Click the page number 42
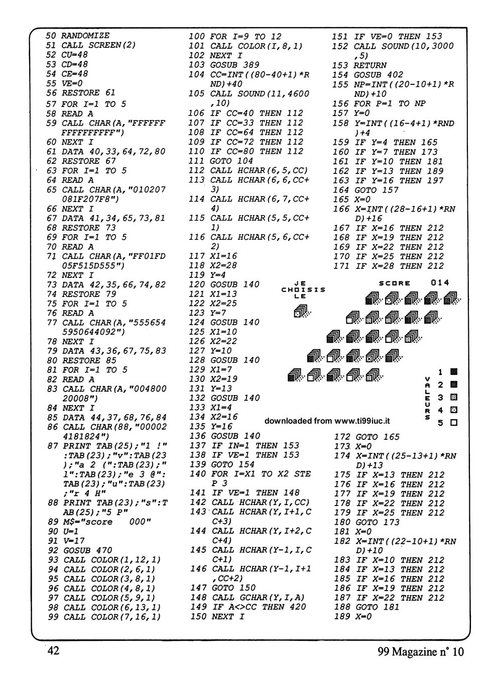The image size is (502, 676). [x=53, y=651]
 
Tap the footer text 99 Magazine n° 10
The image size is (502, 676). [x=420, y=651]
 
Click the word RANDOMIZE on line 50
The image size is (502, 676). [x=85, y=36]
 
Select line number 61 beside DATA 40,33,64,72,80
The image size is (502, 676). [x=50, y=151]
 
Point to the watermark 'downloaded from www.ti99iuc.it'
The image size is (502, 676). [x=328, y=421]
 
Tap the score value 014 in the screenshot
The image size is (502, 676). [x=440, y=283]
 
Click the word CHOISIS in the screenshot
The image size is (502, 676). [x=303, y=289]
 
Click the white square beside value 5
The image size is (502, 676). [x=454, y=423]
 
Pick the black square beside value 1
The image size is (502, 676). [x=454, y=372]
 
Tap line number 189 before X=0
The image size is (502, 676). [x=341, y=617]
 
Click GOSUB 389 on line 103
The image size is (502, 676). [x=234, y=65]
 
